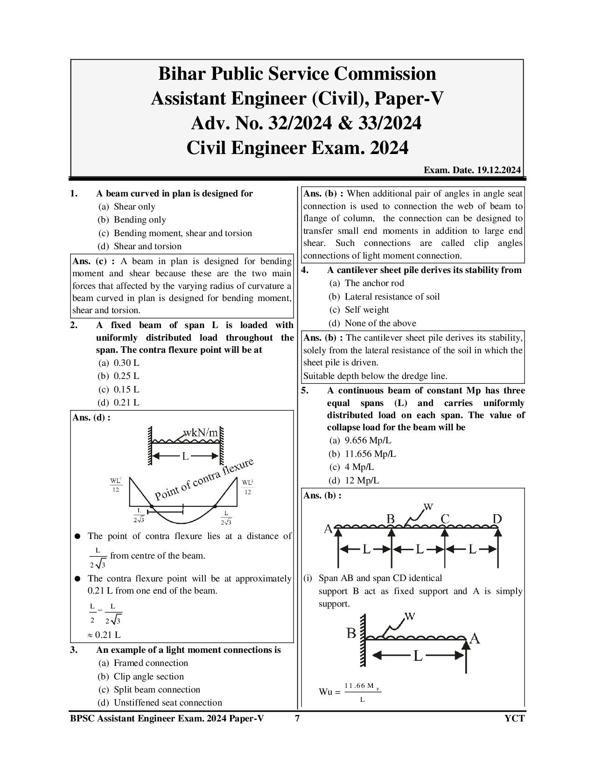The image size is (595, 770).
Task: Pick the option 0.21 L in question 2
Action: click(x=126, y=402)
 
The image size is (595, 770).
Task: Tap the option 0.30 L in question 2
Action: click(x=126, y=363)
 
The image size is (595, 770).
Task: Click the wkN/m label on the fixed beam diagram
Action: click(x=201, y=433)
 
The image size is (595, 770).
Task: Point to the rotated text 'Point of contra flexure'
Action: click(x=204, y=479)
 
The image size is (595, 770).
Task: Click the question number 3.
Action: click(x=74, y=650)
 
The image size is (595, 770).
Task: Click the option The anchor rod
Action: click(x=374, y=283)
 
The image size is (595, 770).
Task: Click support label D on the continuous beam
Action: click(x=497, y=519)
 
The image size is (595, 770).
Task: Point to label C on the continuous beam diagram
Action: click(x=445, y=519)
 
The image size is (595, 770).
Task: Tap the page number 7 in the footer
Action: click(x=297, y=719)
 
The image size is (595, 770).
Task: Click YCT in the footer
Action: click(x=514, y=719)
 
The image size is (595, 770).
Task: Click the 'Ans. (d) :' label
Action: click(x=91, y=418)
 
